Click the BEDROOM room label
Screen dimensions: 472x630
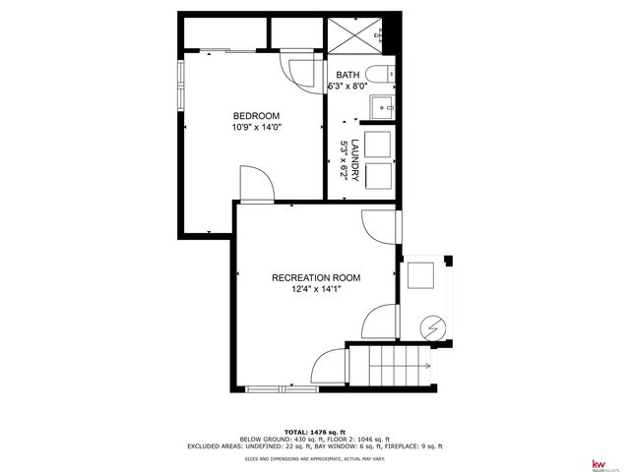point(255,115)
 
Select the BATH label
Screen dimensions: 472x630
point(347,75)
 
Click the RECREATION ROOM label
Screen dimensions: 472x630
point(315,277)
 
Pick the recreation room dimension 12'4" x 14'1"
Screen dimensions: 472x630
point(315,289)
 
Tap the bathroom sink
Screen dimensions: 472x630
point(381,105)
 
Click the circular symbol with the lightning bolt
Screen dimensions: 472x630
point(433,326)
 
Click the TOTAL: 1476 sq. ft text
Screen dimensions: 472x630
point(315,432)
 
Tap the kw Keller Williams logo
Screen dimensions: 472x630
point(597,463)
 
